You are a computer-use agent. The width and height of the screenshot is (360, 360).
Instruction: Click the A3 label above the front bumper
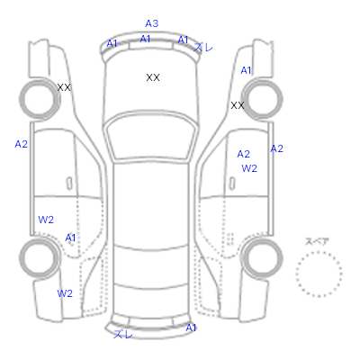point(152,23)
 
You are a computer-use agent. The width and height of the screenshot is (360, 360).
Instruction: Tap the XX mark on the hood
point(153,77)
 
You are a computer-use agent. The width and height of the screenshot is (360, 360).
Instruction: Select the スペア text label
point(317,241)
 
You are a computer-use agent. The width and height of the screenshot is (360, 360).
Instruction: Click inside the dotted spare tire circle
point(319,274)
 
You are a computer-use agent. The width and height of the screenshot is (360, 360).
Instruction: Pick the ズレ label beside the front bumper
point(203,47)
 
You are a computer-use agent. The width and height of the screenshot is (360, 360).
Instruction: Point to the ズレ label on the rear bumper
point(123,334)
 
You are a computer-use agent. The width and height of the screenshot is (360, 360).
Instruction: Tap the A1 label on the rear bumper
point(191,328)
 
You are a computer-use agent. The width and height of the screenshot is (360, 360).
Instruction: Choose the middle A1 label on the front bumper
point(145,39)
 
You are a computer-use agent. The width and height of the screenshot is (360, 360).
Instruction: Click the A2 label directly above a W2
point(243,154)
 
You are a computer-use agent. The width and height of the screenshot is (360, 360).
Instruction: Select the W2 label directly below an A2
point(249,168)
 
